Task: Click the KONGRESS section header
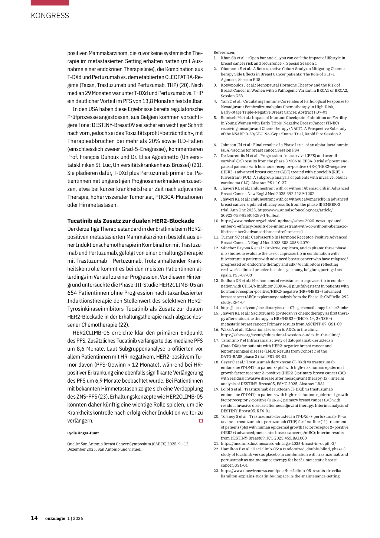tap(50, 16)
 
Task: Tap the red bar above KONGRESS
tap(50, 2)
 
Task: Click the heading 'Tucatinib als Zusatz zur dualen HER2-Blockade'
tap(131, 221)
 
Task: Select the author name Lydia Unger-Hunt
tap(83, 433)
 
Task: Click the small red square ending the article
tap(201, 421)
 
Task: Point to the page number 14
tap(34, 518)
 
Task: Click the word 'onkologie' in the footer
tap(55, 518)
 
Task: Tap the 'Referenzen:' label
tap(224, 52)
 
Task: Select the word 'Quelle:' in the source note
tap(73, 444)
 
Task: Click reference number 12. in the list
tap(216, 248)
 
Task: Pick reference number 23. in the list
tap(216, 470)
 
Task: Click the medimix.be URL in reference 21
tap(278, 443)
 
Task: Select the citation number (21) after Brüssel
tap(197, 165)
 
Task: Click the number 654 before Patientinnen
tap(72, 293)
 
